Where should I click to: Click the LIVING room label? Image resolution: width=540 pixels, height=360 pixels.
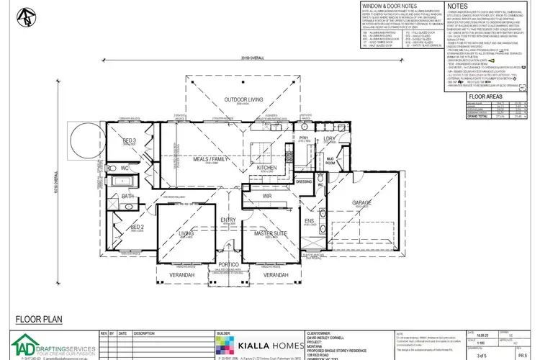[x=186, y=233]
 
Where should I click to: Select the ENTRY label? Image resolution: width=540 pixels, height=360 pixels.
[x=228, y=220]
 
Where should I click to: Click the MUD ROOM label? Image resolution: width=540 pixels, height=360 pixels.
[x=330, y=161]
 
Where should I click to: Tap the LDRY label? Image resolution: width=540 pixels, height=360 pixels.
[x=330, y=138]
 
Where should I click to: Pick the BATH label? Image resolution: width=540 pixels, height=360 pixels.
[x=127, y=195]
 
